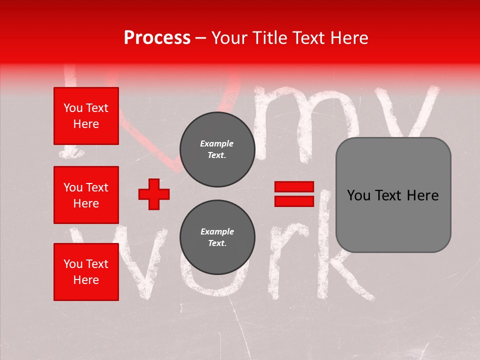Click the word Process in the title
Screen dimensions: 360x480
pos(157,38)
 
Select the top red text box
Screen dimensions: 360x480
pos(86,116)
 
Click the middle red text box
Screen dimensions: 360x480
pos(86,195)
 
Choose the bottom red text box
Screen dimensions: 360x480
pos(86,271)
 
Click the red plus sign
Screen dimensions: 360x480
pos(154,194)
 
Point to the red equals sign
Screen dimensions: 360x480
pos(294,194)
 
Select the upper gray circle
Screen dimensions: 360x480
pos(217,149)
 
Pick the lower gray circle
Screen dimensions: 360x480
pos(217,237)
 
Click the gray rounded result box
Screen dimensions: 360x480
pos(393,195)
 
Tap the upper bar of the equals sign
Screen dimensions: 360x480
pos(294,187)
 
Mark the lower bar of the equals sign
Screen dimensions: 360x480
pos(294,201)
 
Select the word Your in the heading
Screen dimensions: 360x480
pos(229,38)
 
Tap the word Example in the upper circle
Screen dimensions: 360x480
pos(217,143)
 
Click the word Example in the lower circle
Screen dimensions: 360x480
pos(217,231)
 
